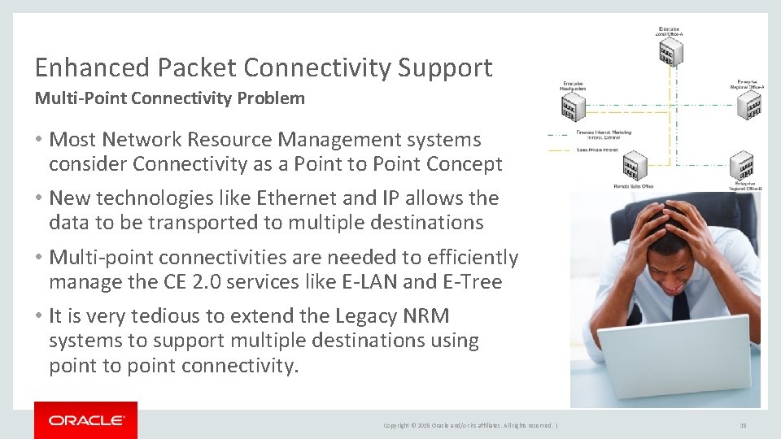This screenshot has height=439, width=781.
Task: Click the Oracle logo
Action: pos(86,420)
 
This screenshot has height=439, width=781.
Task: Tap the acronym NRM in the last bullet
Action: pos(419,316)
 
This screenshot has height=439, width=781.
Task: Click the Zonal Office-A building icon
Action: pos(670,53)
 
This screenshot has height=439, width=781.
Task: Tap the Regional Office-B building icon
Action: pos(741,166)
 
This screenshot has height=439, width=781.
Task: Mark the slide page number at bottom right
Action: pos(743,425)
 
